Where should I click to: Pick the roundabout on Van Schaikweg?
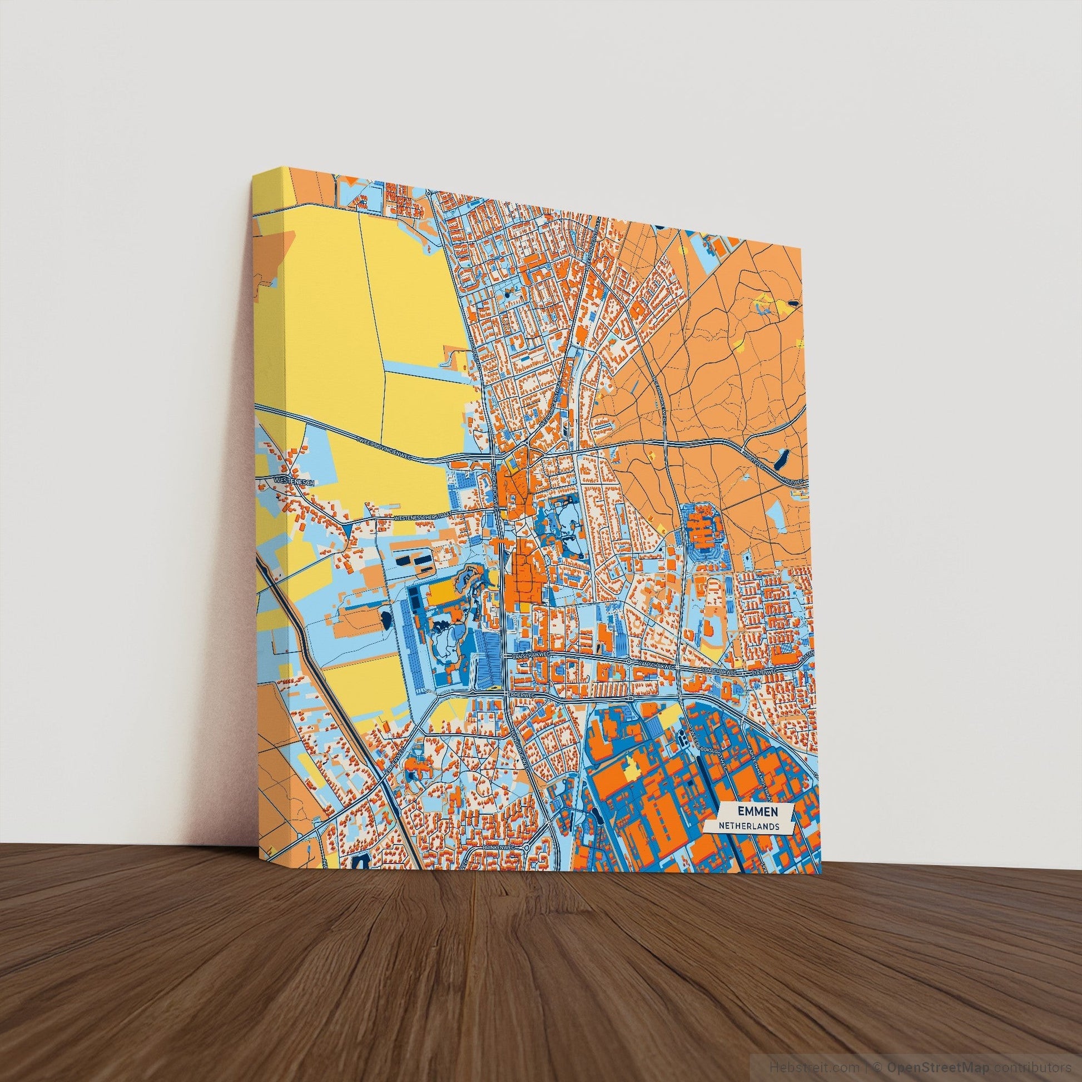(x=629, y=663)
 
